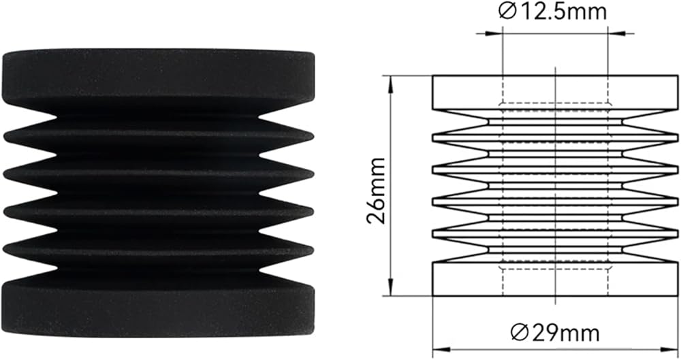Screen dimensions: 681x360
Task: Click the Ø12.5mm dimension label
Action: pyautogui.click(x=552, y=12)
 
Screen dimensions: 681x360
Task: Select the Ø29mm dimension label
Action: pyautogui.click(x=555, y=333)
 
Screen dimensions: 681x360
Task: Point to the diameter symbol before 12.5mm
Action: pyautogui.click(x=506, y=12)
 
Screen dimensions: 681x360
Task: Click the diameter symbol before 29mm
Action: pyautogui.click(x=519, y=334)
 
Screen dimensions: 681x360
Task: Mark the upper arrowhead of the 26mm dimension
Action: pyautogui.click(x=391, y=84)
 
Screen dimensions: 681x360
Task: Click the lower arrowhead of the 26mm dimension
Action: pyautogui.click(x=391, y=288)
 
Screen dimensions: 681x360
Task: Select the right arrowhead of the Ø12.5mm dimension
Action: pyautogui.click(x=616, y=33)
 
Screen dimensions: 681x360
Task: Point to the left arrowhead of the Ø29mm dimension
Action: pyautogui.click(x=441, y=350)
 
